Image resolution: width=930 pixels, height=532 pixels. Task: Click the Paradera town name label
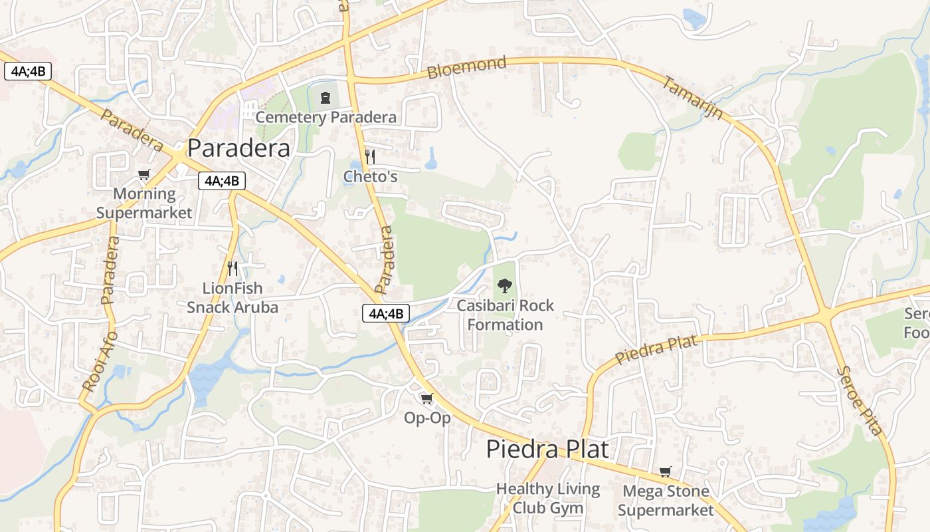click(238, 148)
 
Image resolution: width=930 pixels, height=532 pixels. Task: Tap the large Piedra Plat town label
click(547, 449)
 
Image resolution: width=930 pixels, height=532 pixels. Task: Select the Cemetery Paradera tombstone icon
click(325, 98)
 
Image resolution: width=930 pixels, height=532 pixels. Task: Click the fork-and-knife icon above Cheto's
click(370, 157)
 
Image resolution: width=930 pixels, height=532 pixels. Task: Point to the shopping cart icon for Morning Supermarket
click(144, 175)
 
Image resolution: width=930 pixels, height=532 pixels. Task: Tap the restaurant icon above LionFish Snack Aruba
click(232, 269)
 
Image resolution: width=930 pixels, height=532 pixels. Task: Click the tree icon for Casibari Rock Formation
click(505, 287)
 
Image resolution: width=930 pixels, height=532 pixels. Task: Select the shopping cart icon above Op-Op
click(427, 399)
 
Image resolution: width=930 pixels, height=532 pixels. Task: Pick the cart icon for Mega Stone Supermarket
click(666, 472)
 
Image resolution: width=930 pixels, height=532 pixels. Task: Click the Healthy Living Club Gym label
click(547, 499)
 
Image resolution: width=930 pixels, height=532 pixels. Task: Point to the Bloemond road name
click(466, 68)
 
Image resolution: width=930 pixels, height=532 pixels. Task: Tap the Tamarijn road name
click(693, 98)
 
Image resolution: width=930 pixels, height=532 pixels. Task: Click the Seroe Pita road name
click(860, 400)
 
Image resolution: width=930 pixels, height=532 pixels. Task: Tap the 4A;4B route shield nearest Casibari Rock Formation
click(386, 313)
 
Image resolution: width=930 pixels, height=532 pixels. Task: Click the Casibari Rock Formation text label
click(505, 315)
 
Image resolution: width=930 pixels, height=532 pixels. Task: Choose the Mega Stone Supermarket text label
click(666, 501)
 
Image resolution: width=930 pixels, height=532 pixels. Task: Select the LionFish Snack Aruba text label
click(232, 298)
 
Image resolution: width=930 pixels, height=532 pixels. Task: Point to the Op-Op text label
click(427, 418)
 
